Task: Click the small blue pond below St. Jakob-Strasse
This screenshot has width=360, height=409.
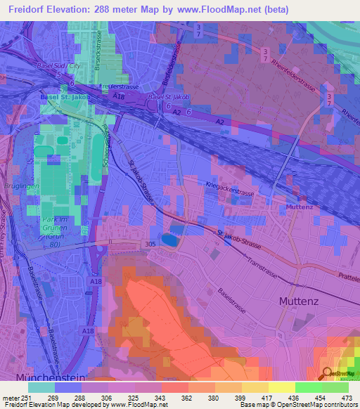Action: pos(169,240)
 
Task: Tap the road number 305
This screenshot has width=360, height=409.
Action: pos(150,244)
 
